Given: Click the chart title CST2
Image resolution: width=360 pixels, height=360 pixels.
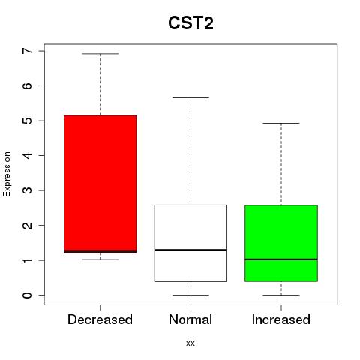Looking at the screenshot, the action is pos(190,23).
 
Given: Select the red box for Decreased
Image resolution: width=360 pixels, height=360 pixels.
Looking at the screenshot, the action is pos(100,184).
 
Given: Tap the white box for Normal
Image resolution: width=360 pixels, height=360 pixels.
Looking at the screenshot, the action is pos(190,243).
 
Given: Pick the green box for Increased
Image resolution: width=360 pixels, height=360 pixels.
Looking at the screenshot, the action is pos(281,243).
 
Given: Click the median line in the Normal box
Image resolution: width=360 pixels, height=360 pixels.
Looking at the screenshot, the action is pos(190,250).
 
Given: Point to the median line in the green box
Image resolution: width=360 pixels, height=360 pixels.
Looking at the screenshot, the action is pos(281,259).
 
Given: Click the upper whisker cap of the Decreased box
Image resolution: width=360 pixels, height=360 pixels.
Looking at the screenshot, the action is pos(100,54).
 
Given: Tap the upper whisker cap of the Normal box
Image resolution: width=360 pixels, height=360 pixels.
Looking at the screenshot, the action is pos(190,97).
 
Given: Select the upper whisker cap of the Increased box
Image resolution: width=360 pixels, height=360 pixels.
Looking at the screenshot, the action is pos(281,123).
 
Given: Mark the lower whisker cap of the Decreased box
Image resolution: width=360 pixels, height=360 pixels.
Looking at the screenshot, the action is pos(100,259).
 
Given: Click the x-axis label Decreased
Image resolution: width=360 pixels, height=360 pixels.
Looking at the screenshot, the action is pos(100,319).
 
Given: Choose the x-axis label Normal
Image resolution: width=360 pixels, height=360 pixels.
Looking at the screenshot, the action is pos(190,319).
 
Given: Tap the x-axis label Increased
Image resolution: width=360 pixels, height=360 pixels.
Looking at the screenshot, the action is pos(281,319).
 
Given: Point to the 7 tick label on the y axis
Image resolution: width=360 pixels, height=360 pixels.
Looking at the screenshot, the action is pos(28,51).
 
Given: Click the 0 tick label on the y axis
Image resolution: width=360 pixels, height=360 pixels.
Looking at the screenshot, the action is pos(28,295).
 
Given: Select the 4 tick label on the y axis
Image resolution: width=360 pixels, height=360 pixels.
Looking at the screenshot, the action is pos(28,155).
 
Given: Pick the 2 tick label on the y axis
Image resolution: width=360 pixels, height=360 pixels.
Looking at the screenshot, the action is pos(28,225).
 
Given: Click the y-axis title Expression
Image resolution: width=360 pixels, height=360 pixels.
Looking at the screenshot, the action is pos(7,174).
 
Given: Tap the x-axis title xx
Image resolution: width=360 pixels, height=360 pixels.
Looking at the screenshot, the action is pos(190,343).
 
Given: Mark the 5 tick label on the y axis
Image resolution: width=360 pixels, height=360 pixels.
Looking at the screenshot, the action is pos(28,121).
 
